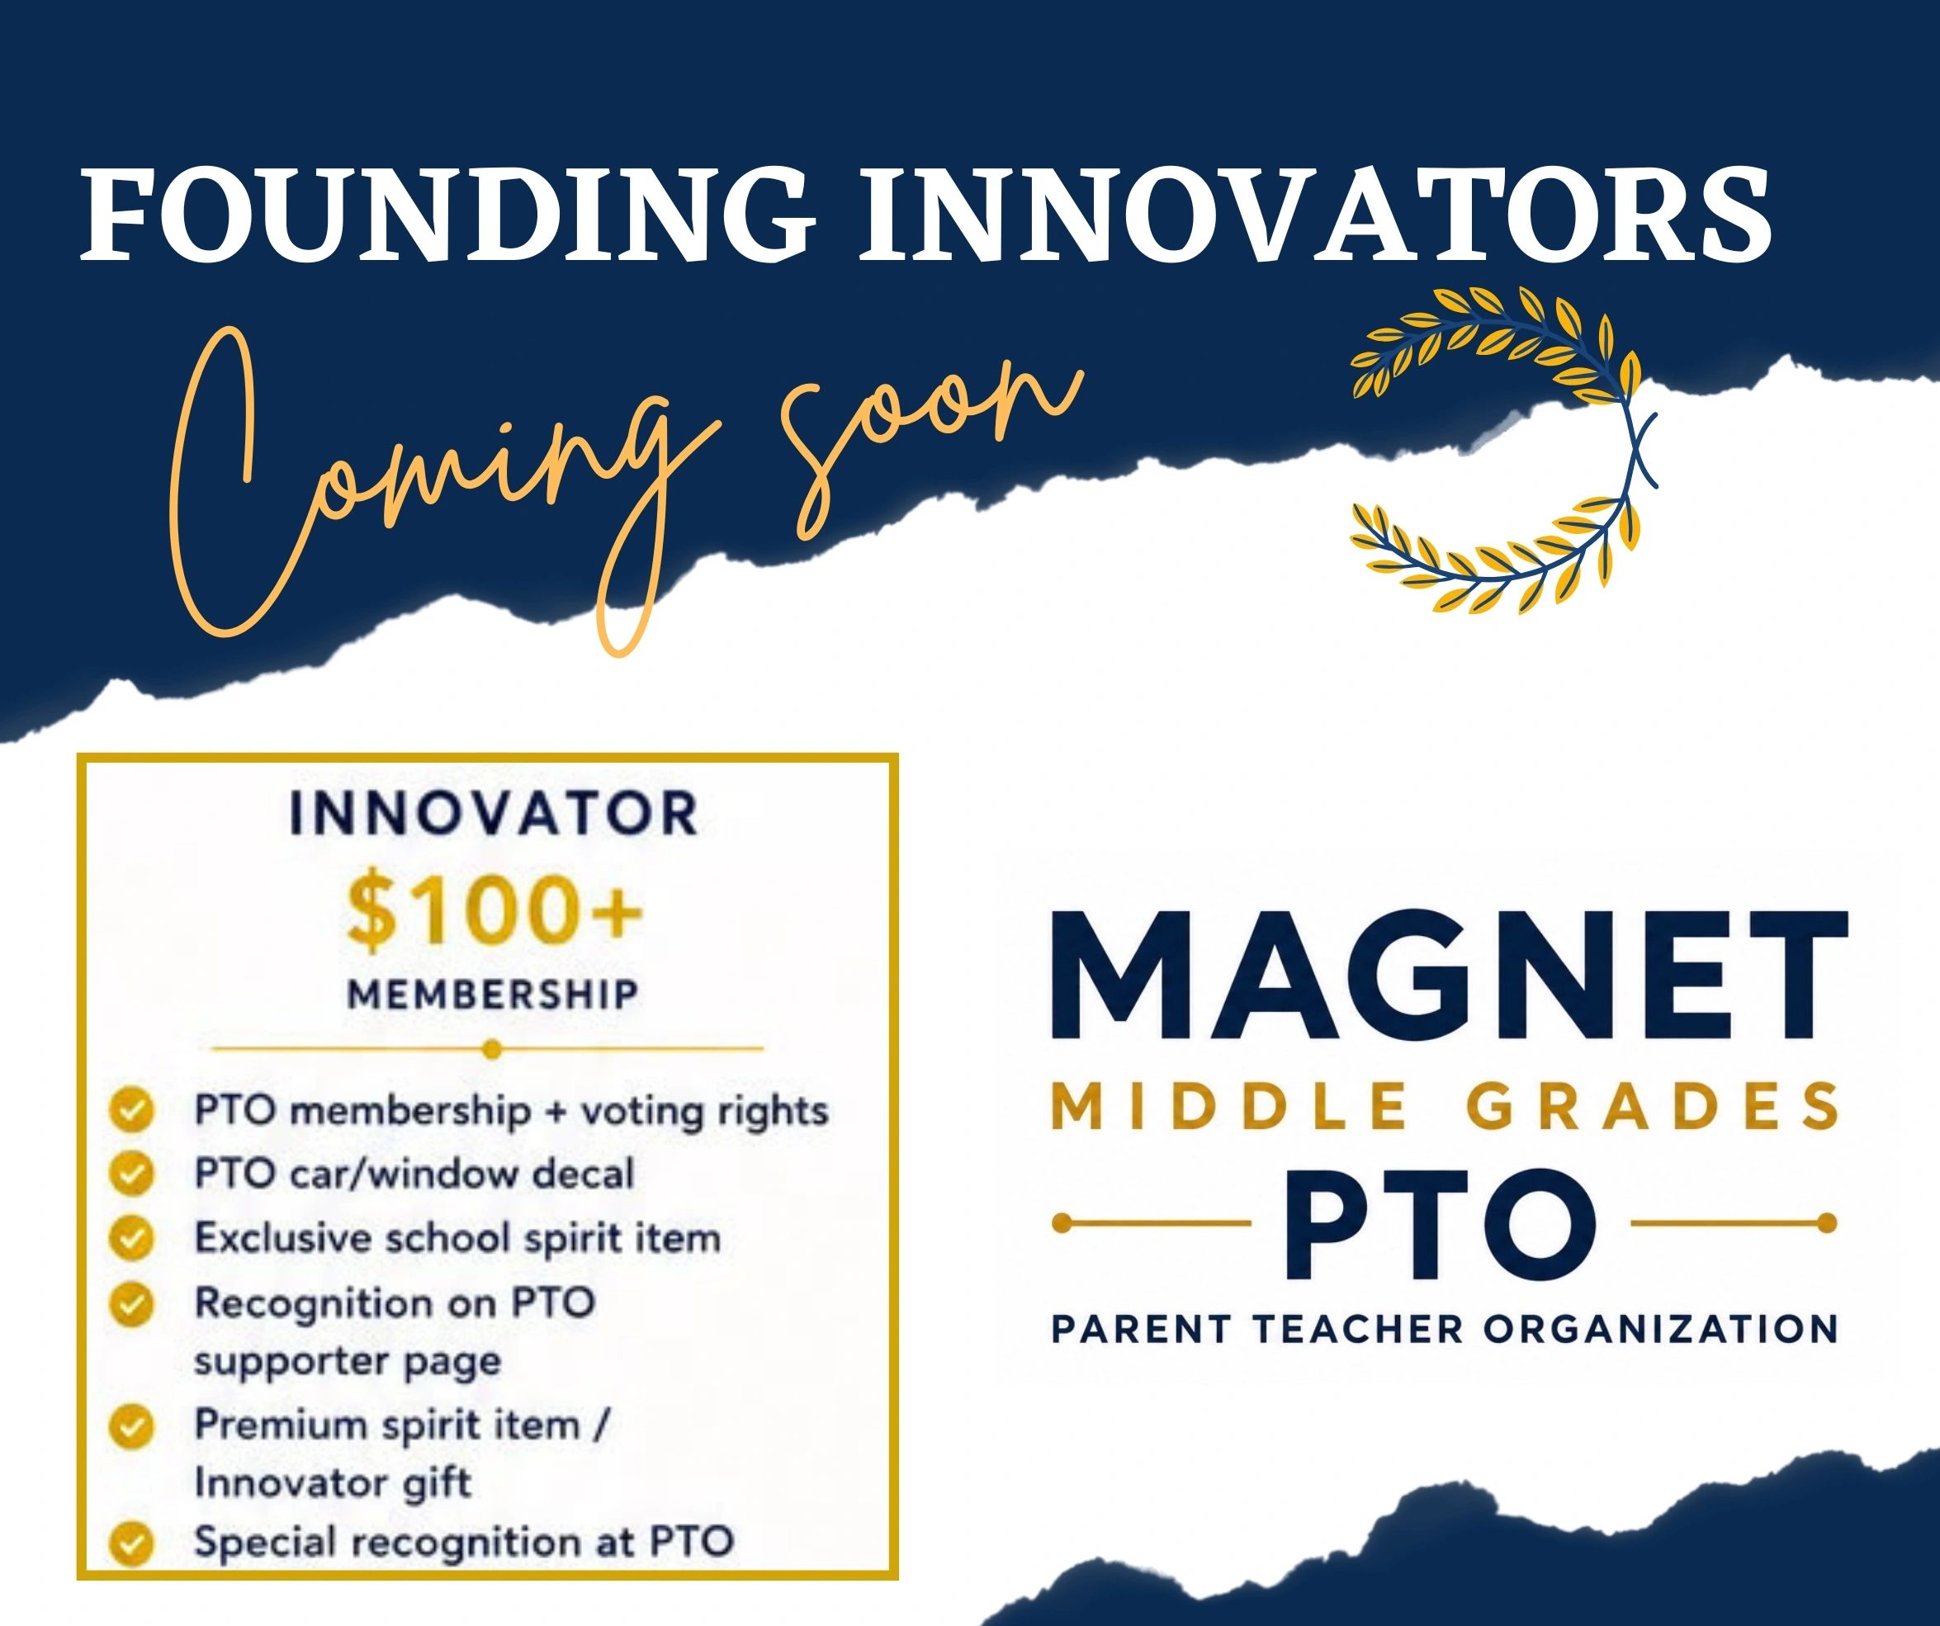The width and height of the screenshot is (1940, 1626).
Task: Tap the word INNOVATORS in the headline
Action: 1314,215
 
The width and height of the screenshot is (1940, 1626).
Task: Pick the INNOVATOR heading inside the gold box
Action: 494,814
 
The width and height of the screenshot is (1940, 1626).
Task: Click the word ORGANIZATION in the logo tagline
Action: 1660,1330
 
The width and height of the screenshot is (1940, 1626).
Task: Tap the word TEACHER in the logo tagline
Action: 1359,1330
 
